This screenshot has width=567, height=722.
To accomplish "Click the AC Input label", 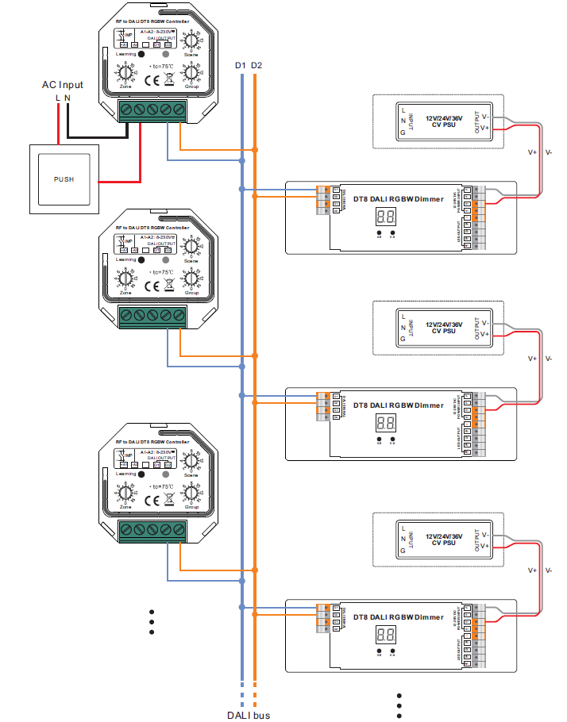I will [62, 85].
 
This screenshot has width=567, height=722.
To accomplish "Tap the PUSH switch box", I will [64, 179].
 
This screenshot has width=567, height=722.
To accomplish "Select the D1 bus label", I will [241, 64].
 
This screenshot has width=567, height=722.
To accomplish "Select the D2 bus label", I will [256, 64].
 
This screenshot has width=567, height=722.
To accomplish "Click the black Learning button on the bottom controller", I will [141, 474].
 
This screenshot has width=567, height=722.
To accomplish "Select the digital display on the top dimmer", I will [386, 216].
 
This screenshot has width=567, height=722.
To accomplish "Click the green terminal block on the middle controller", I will [152, 317].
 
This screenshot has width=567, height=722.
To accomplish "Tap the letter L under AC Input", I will [57, 98].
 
